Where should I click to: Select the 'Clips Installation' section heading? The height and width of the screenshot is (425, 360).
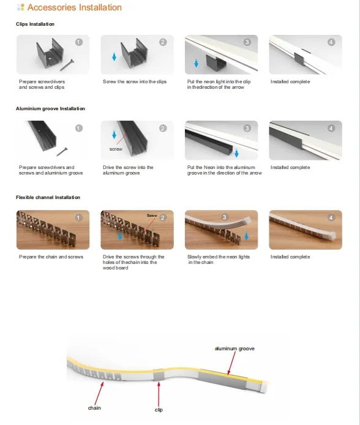click(x=35, y=24)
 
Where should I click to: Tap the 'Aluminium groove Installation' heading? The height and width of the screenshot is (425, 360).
click(x=50, y=108)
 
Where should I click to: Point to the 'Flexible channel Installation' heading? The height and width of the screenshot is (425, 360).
click(x=48, y=197)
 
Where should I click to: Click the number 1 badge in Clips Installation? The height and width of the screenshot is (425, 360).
click(x=78, y=42)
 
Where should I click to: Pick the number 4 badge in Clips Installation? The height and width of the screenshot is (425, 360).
click(x=331, y=42)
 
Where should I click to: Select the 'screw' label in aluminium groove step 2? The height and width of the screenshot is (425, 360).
click(x=116, y=149)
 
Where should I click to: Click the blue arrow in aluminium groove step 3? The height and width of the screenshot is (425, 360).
click(x=236, y=153)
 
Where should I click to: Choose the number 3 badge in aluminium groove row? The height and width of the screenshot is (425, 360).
click(x=247, y=128)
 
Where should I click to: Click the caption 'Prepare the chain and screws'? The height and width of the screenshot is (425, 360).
click(x=51, y=257)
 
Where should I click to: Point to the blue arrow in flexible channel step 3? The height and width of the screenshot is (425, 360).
click(x=246, y=236)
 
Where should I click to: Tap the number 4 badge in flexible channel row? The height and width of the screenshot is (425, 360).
click(x=331, y=217)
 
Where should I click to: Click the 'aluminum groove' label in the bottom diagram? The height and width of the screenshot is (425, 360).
click(x=234, y=348)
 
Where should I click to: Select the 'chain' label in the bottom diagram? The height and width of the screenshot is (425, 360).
click(x=94, y=408)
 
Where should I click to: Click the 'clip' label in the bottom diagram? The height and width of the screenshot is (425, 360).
click(x=158, y=409)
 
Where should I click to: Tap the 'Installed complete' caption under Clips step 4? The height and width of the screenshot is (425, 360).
click(x=290, y=81)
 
